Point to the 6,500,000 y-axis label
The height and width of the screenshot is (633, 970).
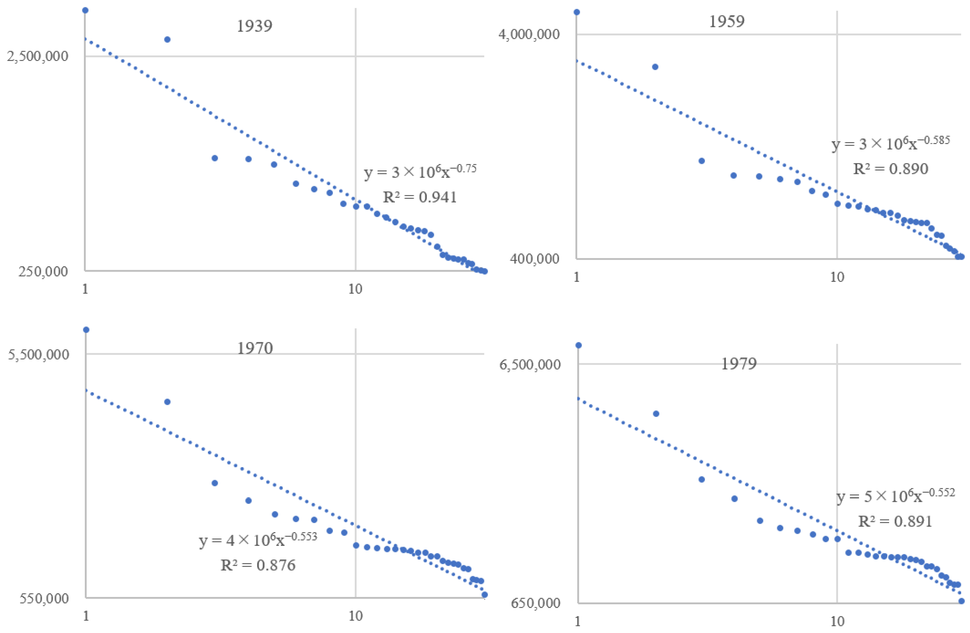(x=530, y=364)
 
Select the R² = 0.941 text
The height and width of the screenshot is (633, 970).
(x=420, y=197)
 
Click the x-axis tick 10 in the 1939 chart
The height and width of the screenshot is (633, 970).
(x=355, y=289)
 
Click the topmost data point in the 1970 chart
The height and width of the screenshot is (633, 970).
(x=86, y=330)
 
